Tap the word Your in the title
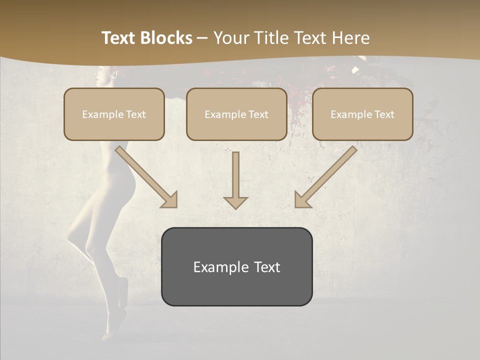pyautogui.click(x=231, y=38)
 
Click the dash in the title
pyautogui.click(x=202, y=38)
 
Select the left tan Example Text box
pyautogui.click(x=114, y=114)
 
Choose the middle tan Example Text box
pyautogui.click(x=236, y=114)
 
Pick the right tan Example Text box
pyautogui.click(x=362, y=114)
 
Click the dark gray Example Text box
pyautogui.click(x=236, y=266)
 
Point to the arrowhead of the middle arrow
pyautogui.click(x=235, y=202)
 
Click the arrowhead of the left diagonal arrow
pyautogui.click(x=169, y=199)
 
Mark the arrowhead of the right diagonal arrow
pyautogui.click(x=302, y=199)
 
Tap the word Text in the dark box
pyautogui.click(x=266, y=267)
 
